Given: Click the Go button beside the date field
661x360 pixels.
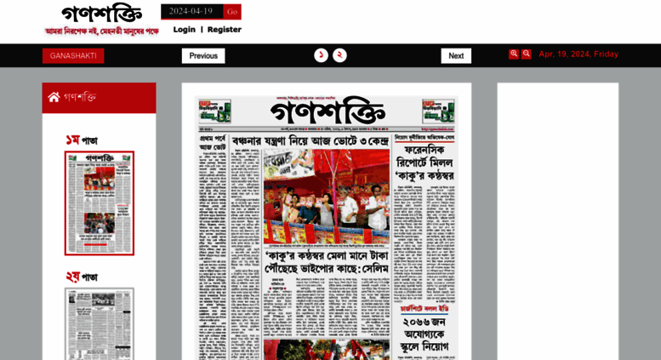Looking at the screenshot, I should (232, 12).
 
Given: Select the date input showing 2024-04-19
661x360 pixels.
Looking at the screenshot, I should (191, 12).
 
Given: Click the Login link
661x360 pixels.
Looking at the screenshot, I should (184, 30).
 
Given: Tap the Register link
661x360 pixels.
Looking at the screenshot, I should (224, 30).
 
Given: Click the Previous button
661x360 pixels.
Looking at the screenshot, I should (203, 56).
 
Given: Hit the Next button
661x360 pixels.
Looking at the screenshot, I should (456, 56).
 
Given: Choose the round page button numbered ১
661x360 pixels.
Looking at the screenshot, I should (321, 55).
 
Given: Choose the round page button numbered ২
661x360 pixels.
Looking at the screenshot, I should (339, 55).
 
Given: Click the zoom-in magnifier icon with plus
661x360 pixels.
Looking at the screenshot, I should (514, 54).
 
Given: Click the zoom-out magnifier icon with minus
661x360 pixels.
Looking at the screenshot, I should (527, 54).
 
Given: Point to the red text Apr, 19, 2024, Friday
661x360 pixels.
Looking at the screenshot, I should (578, 54).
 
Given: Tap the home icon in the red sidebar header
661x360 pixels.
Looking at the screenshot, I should (54, 97).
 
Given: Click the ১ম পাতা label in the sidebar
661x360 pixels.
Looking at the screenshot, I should (82, 140).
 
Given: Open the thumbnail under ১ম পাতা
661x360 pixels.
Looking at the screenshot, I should (100, 203).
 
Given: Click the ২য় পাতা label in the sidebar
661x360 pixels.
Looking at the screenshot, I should (82, 277).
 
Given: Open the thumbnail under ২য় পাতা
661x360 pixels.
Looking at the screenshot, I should (100, 323).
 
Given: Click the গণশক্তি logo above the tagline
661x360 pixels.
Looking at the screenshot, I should (101, 14).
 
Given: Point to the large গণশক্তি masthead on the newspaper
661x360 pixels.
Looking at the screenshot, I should (328, 111).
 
